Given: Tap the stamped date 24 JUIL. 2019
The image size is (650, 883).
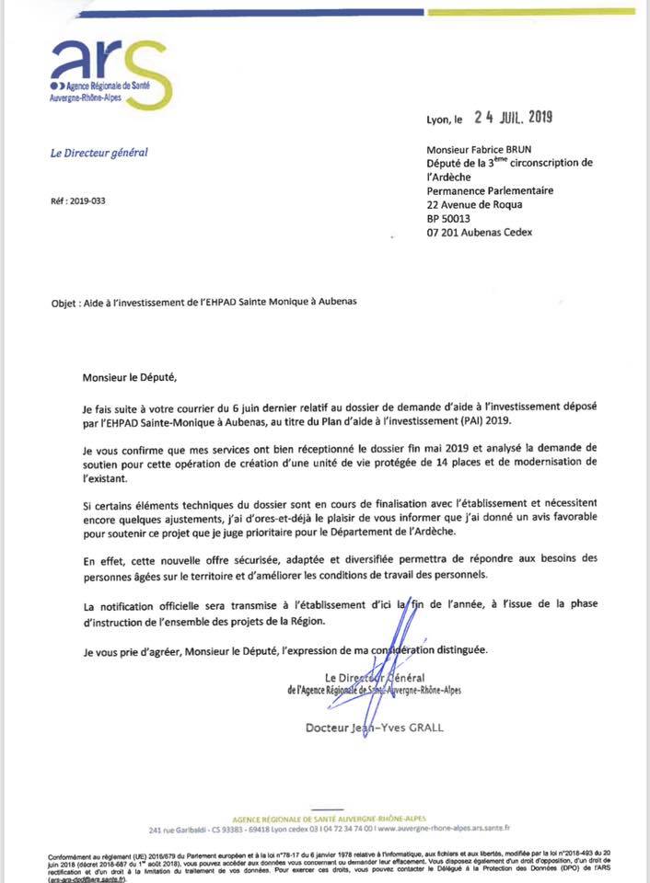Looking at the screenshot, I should click(x=513, y=117).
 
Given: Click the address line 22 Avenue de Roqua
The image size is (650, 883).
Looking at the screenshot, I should click(x=474, y=205).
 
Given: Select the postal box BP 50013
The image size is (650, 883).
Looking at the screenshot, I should click(x=448, y=219).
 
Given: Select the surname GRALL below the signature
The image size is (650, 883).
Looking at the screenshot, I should click(x=424, y=728).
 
